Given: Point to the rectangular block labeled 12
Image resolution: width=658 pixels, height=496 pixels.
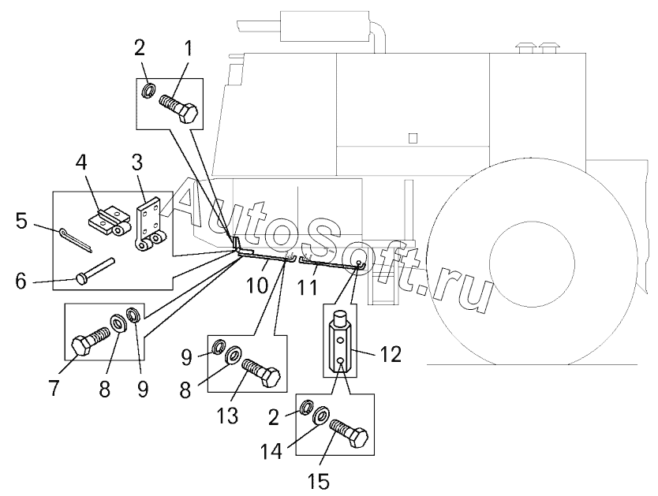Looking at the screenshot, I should coord(339,345).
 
